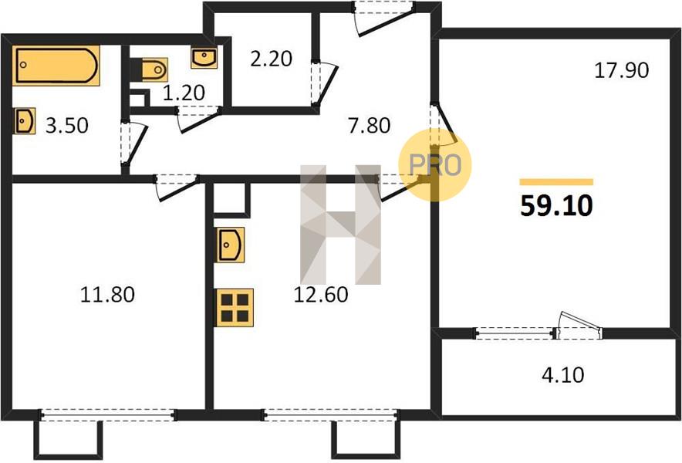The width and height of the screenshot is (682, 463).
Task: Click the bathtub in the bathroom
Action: coord(56,66)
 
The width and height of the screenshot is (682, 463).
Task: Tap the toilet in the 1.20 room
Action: coord(150,69)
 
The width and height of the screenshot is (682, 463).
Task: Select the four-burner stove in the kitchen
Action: coord(235,308)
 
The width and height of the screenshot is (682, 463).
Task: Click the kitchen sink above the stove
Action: coord(231,245)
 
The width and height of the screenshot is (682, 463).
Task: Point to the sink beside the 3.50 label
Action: coord(25,121)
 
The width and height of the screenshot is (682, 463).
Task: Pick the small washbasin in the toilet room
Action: coord(204,59)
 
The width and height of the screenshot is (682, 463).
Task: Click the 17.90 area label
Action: coord(622,70)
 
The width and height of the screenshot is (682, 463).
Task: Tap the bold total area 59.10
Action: coord(556,206)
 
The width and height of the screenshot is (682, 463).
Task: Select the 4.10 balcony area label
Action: coord(563,375)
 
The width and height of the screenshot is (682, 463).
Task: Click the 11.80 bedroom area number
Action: coord(107,295)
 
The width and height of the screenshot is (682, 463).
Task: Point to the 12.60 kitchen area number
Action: coord(321,295)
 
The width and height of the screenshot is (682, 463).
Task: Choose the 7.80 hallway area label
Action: coord(369,126)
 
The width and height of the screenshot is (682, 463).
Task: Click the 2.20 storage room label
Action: coord(271,59)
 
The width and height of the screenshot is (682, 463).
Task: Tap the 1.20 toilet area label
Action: coord(184,93)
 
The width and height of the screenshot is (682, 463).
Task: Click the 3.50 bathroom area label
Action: coord(66,126)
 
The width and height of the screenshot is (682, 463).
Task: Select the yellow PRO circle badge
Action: coord(435,165)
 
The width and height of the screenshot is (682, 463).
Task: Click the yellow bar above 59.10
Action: coord(557,182)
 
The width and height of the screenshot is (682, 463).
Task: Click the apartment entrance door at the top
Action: coord(383,19)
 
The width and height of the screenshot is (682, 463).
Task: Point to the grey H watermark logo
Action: coord(340,225)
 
